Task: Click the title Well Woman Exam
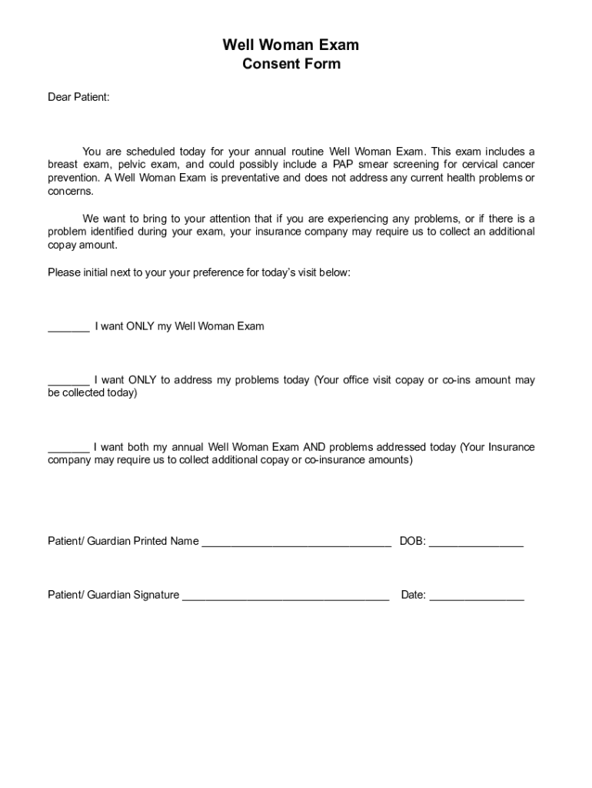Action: click(291, 45)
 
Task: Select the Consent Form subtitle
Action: click(291, 64)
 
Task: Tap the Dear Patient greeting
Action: click(78, 97)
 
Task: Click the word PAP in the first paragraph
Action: click(343, 165)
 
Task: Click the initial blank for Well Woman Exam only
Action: click(68, 327)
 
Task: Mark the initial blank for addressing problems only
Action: click(68, 381)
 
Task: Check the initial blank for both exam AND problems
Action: click(68, 448)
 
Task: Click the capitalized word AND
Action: click(314, 447)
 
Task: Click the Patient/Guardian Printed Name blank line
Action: click(296, 543)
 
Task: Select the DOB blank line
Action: click(476, 543)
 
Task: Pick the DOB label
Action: click(412, 541)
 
